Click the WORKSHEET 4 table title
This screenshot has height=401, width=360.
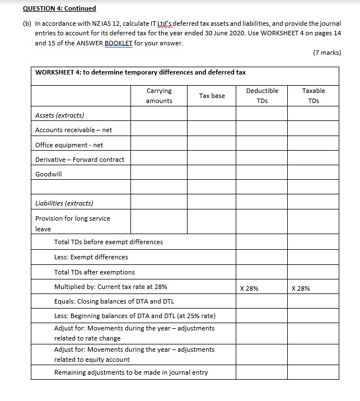pos(140,72)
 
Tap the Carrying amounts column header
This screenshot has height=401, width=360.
pos(159,96)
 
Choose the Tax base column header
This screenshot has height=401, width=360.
pos(212,96)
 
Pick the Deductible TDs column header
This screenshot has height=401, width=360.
pos(261,96)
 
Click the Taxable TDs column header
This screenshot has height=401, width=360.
pos(313,96)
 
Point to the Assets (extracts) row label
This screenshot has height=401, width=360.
pos(59,115)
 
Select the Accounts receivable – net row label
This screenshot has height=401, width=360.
pos(73,130)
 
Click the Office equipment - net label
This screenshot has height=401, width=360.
pos(69,145)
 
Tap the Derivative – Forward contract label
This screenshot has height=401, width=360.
pos(80,160)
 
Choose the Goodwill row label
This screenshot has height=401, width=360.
pos(49,174)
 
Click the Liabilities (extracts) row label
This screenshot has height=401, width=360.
pos(64,203)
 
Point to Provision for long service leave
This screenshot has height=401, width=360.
pos(72,223)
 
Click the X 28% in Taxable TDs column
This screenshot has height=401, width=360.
pos(301,288)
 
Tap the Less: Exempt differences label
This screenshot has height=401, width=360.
pos(91,257)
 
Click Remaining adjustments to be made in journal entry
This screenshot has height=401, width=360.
pos(130,372)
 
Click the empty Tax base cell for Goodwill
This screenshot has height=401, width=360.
pos(212,174)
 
